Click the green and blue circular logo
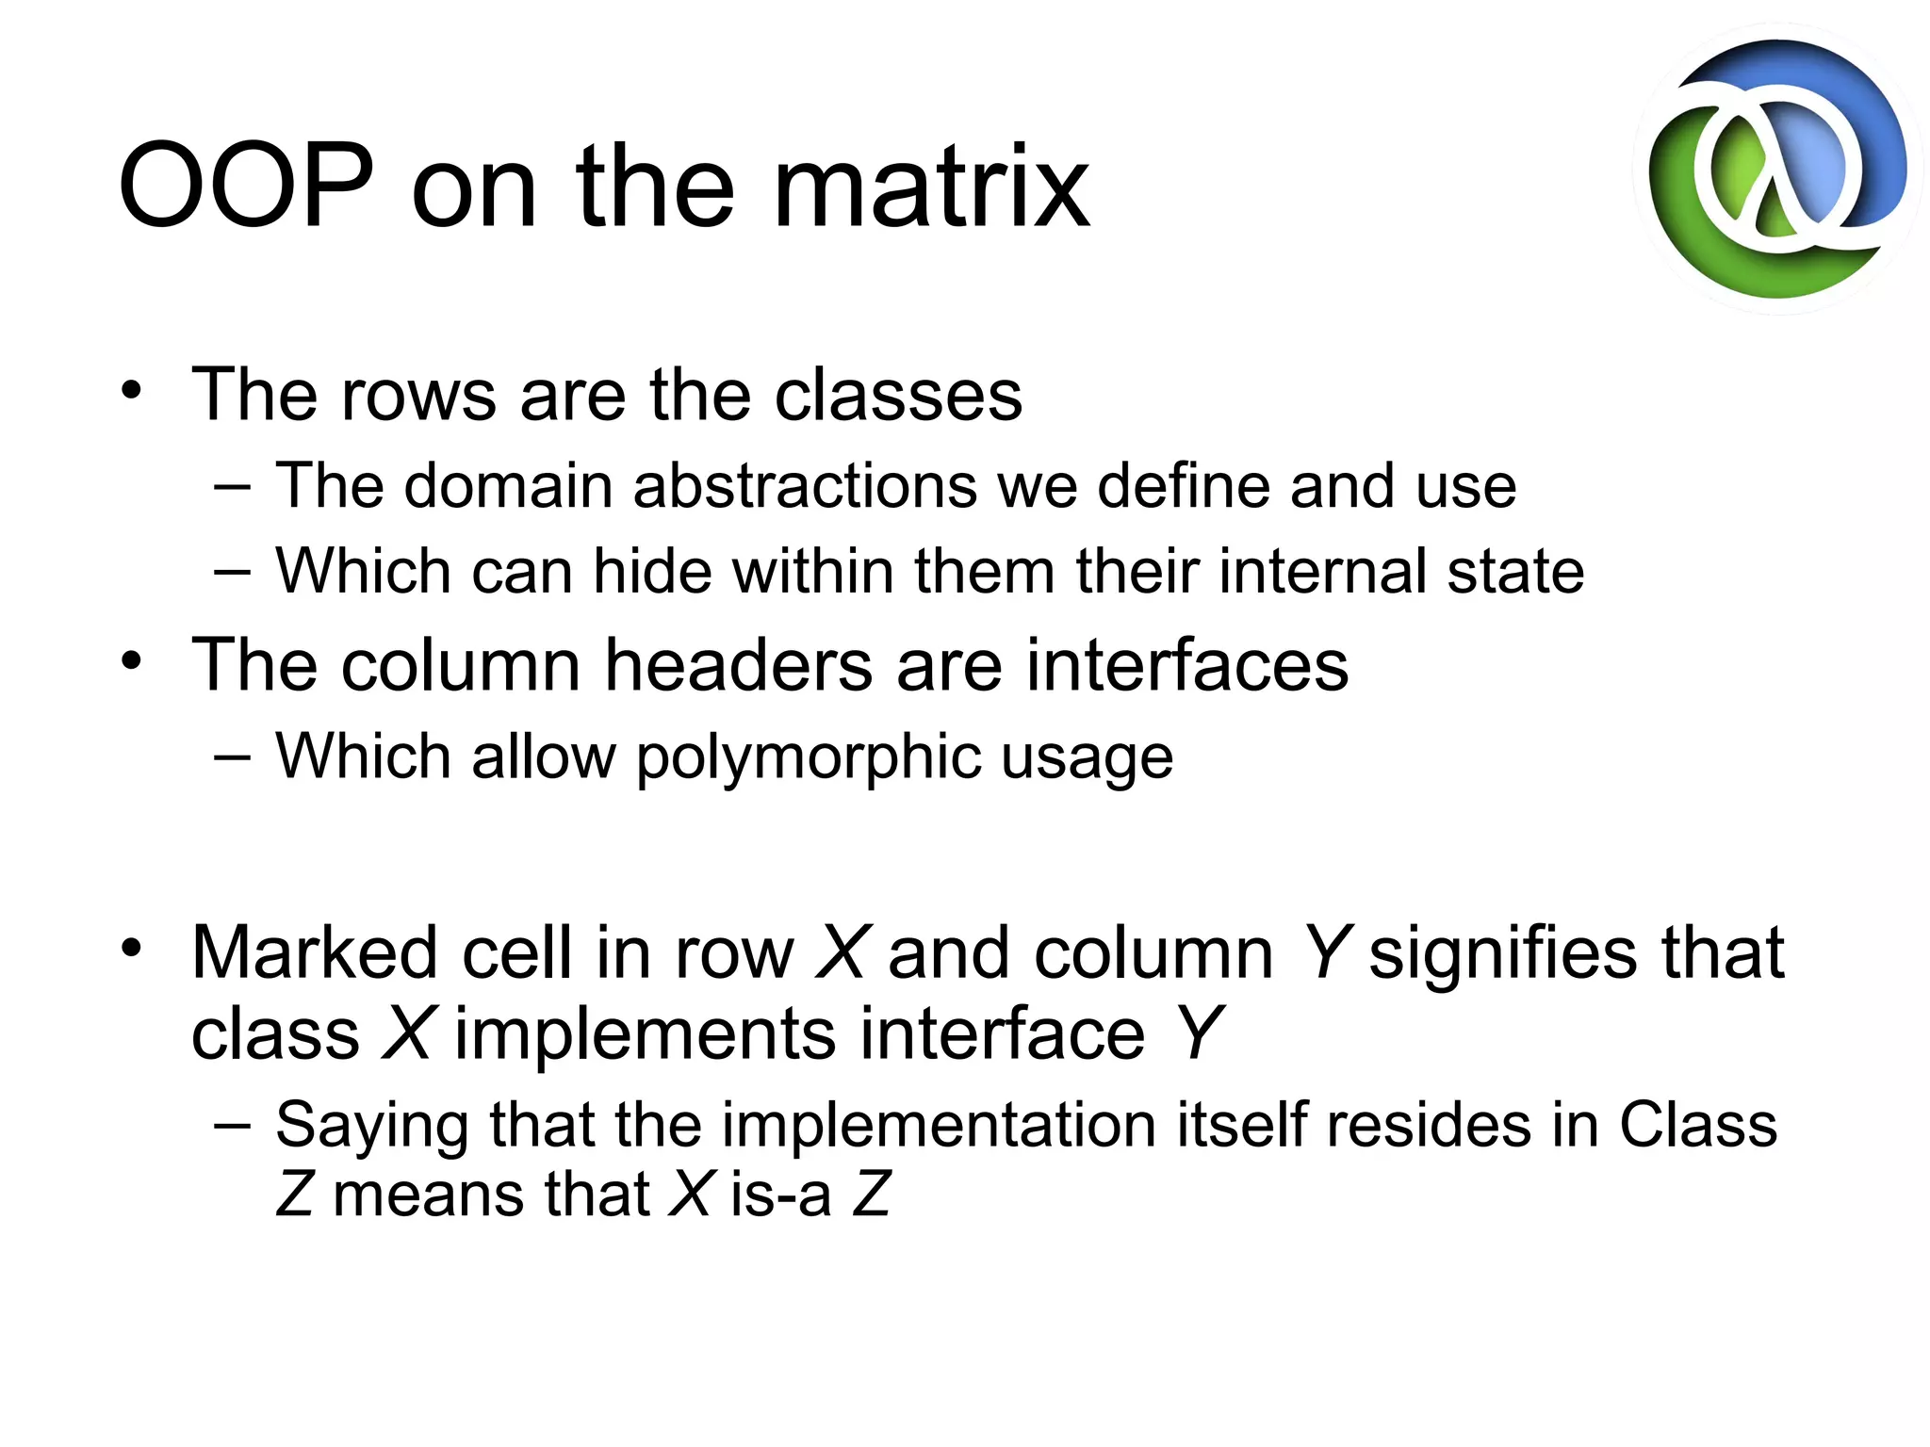tap(1776, 170)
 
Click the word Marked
tap(315, 953)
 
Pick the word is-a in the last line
tap(780, 1195)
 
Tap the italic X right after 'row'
tap(841, 953)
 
